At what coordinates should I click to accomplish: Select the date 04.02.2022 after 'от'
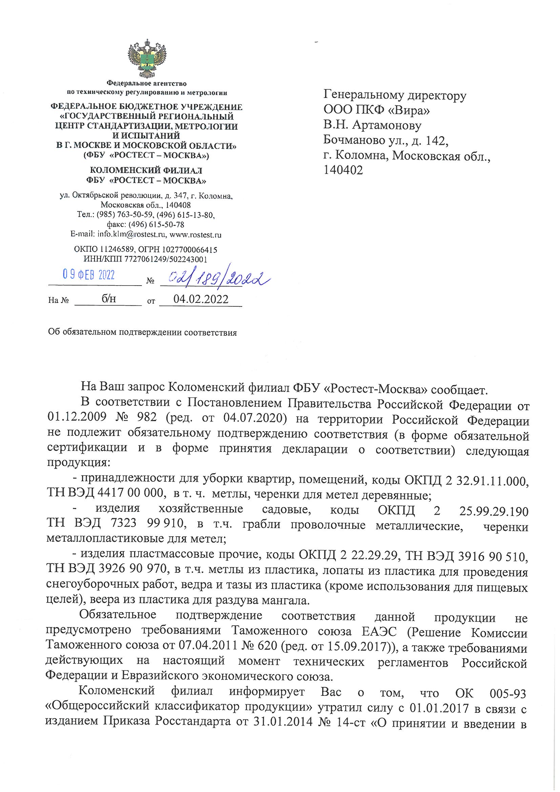click(x=201, y=299)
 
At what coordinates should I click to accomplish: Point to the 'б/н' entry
click(x=109, y=299)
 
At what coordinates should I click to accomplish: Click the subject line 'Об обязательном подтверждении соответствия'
click(x=143, y=333)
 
